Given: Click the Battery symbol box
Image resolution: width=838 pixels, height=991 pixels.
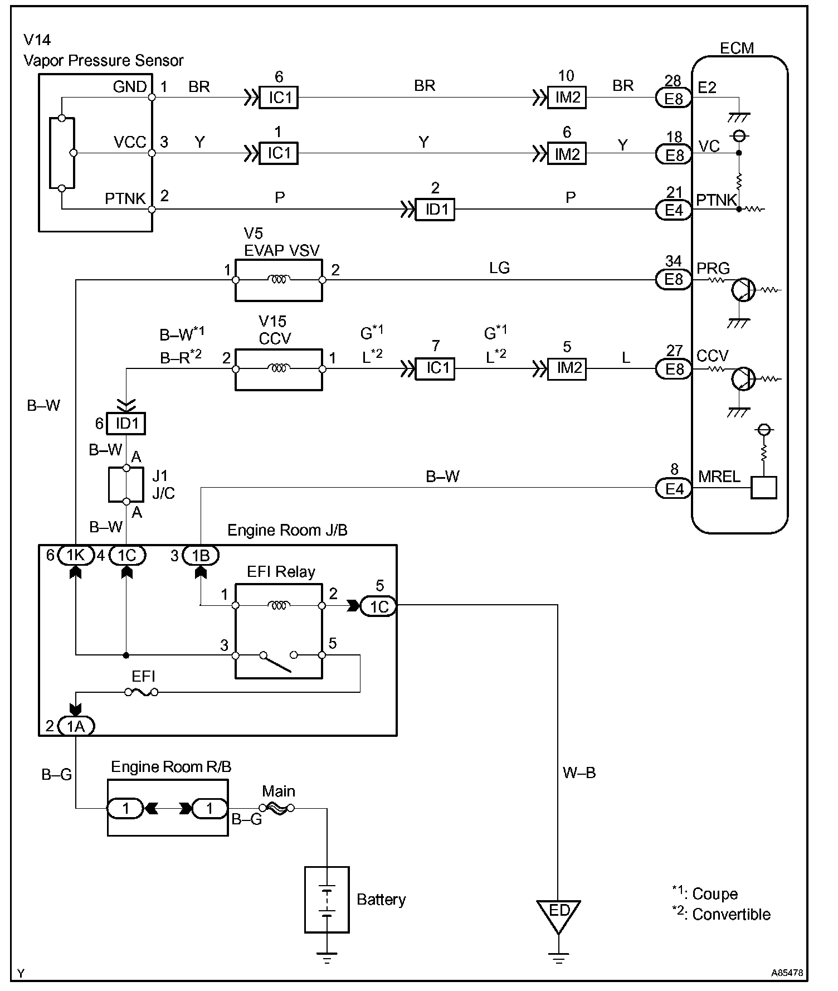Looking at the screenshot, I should coord(327,899).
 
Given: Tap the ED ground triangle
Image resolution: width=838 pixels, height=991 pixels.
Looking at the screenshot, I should coord(558,914).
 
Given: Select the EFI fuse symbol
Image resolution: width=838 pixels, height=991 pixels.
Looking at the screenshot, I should coord(142,692).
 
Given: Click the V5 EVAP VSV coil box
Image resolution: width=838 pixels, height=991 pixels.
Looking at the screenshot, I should coord(279,280).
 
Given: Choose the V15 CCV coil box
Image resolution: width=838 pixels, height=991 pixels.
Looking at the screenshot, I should coord(279,369).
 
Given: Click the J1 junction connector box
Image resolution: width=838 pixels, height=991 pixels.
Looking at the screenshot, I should coord(126,485).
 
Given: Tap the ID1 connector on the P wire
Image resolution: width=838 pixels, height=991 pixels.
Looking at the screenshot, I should coord(436,210).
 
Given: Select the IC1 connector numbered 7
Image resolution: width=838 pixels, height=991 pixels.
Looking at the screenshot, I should coord(436,369).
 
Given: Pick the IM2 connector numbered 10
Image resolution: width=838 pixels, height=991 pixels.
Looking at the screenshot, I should coord(567,98).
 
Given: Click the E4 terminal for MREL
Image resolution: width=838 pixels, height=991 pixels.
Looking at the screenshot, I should coord(674,489).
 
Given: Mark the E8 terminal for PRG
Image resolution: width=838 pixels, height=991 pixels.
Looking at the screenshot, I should coord(674,279).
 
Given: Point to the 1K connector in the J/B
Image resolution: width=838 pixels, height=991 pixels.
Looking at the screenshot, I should coord(75,555).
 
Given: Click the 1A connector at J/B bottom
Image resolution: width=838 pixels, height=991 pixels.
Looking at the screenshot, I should coord(75,726).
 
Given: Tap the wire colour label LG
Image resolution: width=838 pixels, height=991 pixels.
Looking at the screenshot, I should coord(499,268).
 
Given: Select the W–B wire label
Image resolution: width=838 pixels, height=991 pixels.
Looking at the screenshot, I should coord(579,773).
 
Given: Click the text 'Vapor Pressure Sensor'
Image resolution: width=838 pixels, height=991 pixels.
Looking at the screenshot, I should coord(104,61).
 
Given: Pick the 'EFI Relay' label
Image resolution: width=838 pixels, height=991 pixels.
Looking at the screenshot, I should coord(281,572).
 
